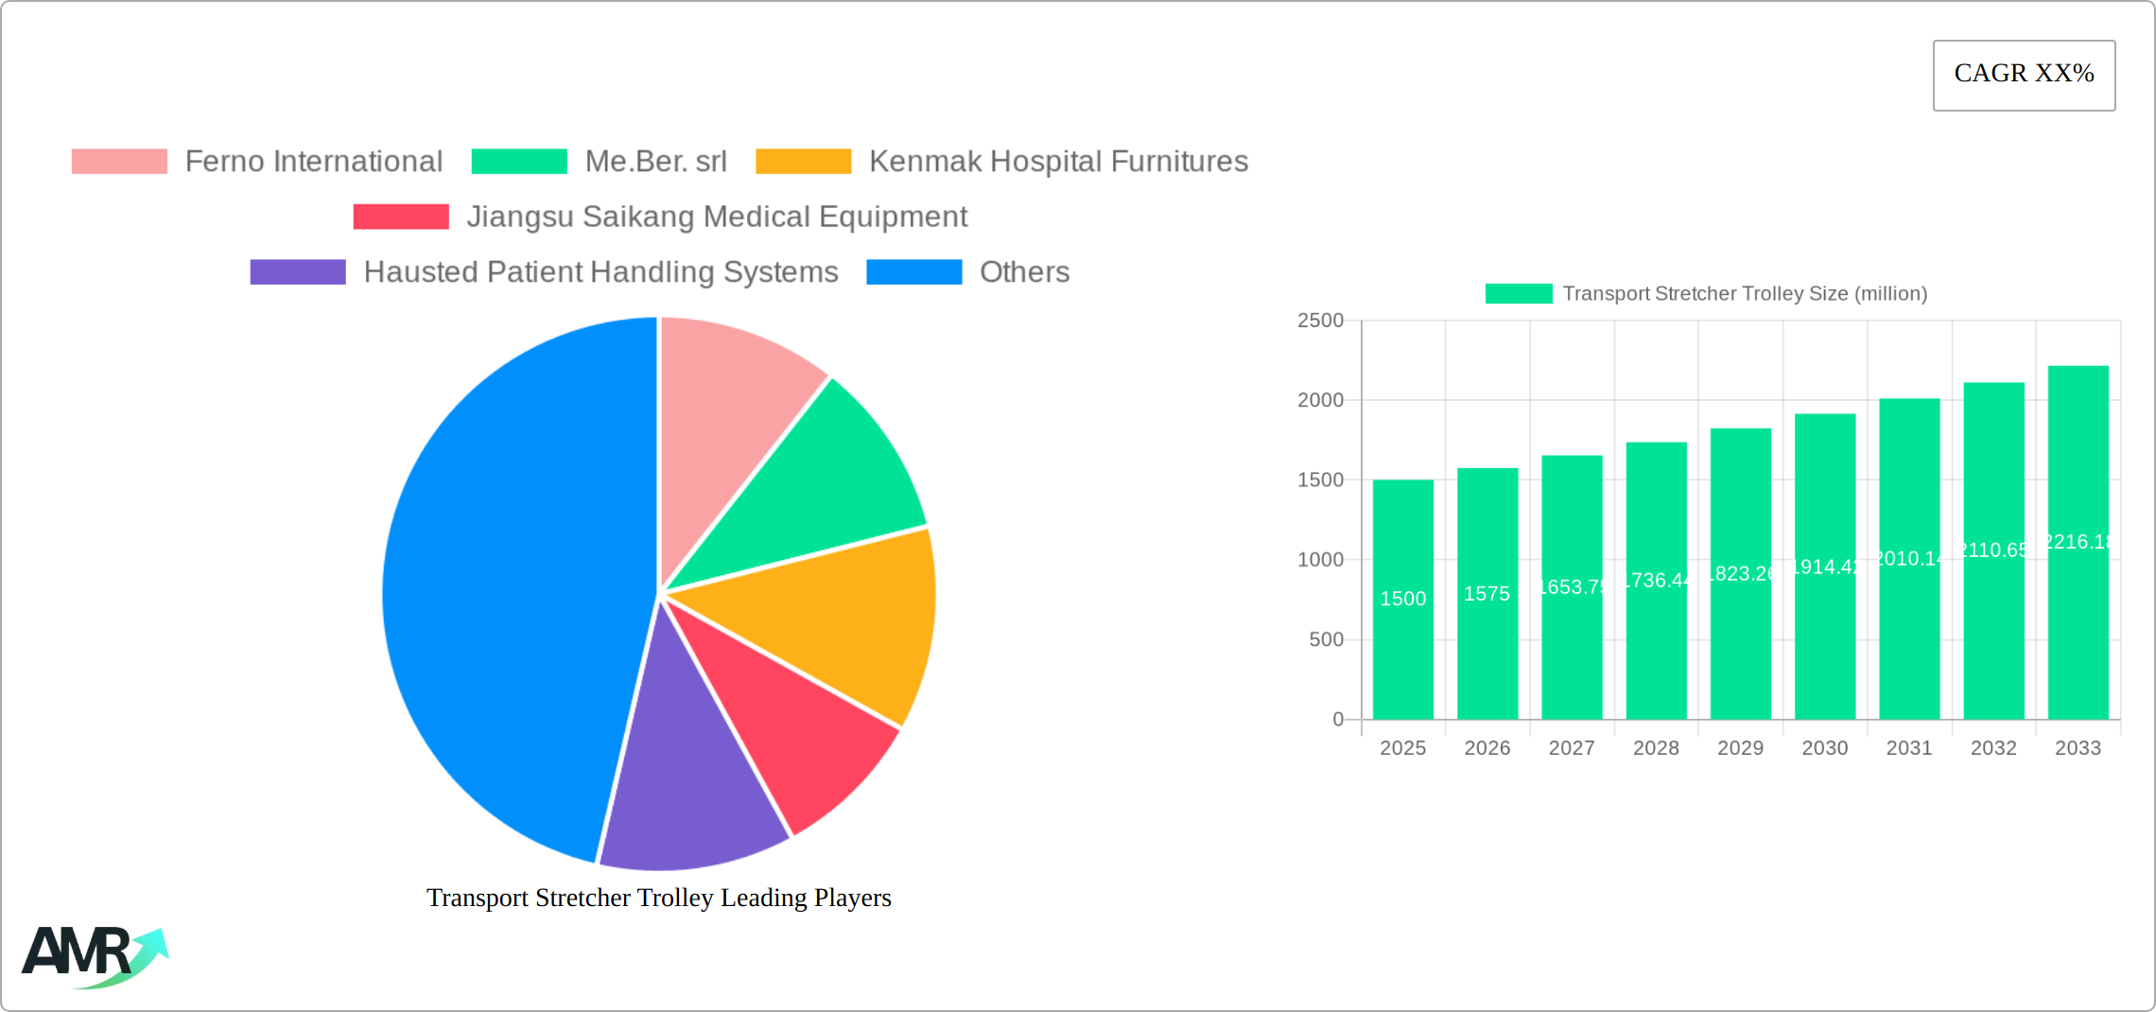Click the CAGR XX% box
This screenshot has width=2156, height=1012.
[x=2024, y=75]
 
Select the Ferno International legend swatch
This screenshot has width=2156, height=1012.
[x=119, y=162]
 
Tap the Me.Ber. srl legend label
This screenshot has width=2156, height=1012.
[x=655, y=162]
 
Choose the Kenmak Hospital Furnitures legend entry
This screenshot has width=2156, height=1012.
[x=1058, y=162]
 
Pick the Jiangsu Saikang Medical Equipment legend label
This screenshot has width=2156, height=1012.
[x=717, y=217]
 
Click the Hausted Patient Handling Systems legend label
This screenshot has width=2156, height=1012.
[x=600, y=272]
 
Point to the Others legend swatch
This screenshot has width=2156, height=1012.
[x=913, y=272]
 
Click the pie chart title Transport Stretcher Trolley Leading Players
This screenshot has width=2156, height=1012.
[x=659, y=898]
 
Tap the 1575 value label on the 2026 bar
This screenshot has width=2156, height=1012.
[x=1487, y=594]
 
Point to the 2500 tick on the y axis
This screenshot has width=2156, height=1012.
[x=1320, y=321]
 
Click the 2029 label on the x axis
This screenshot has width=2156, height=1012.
[x=1740, y=748]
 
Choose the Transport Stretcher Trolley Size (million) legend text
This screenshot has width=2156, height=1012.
[x=1745, y=294]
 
